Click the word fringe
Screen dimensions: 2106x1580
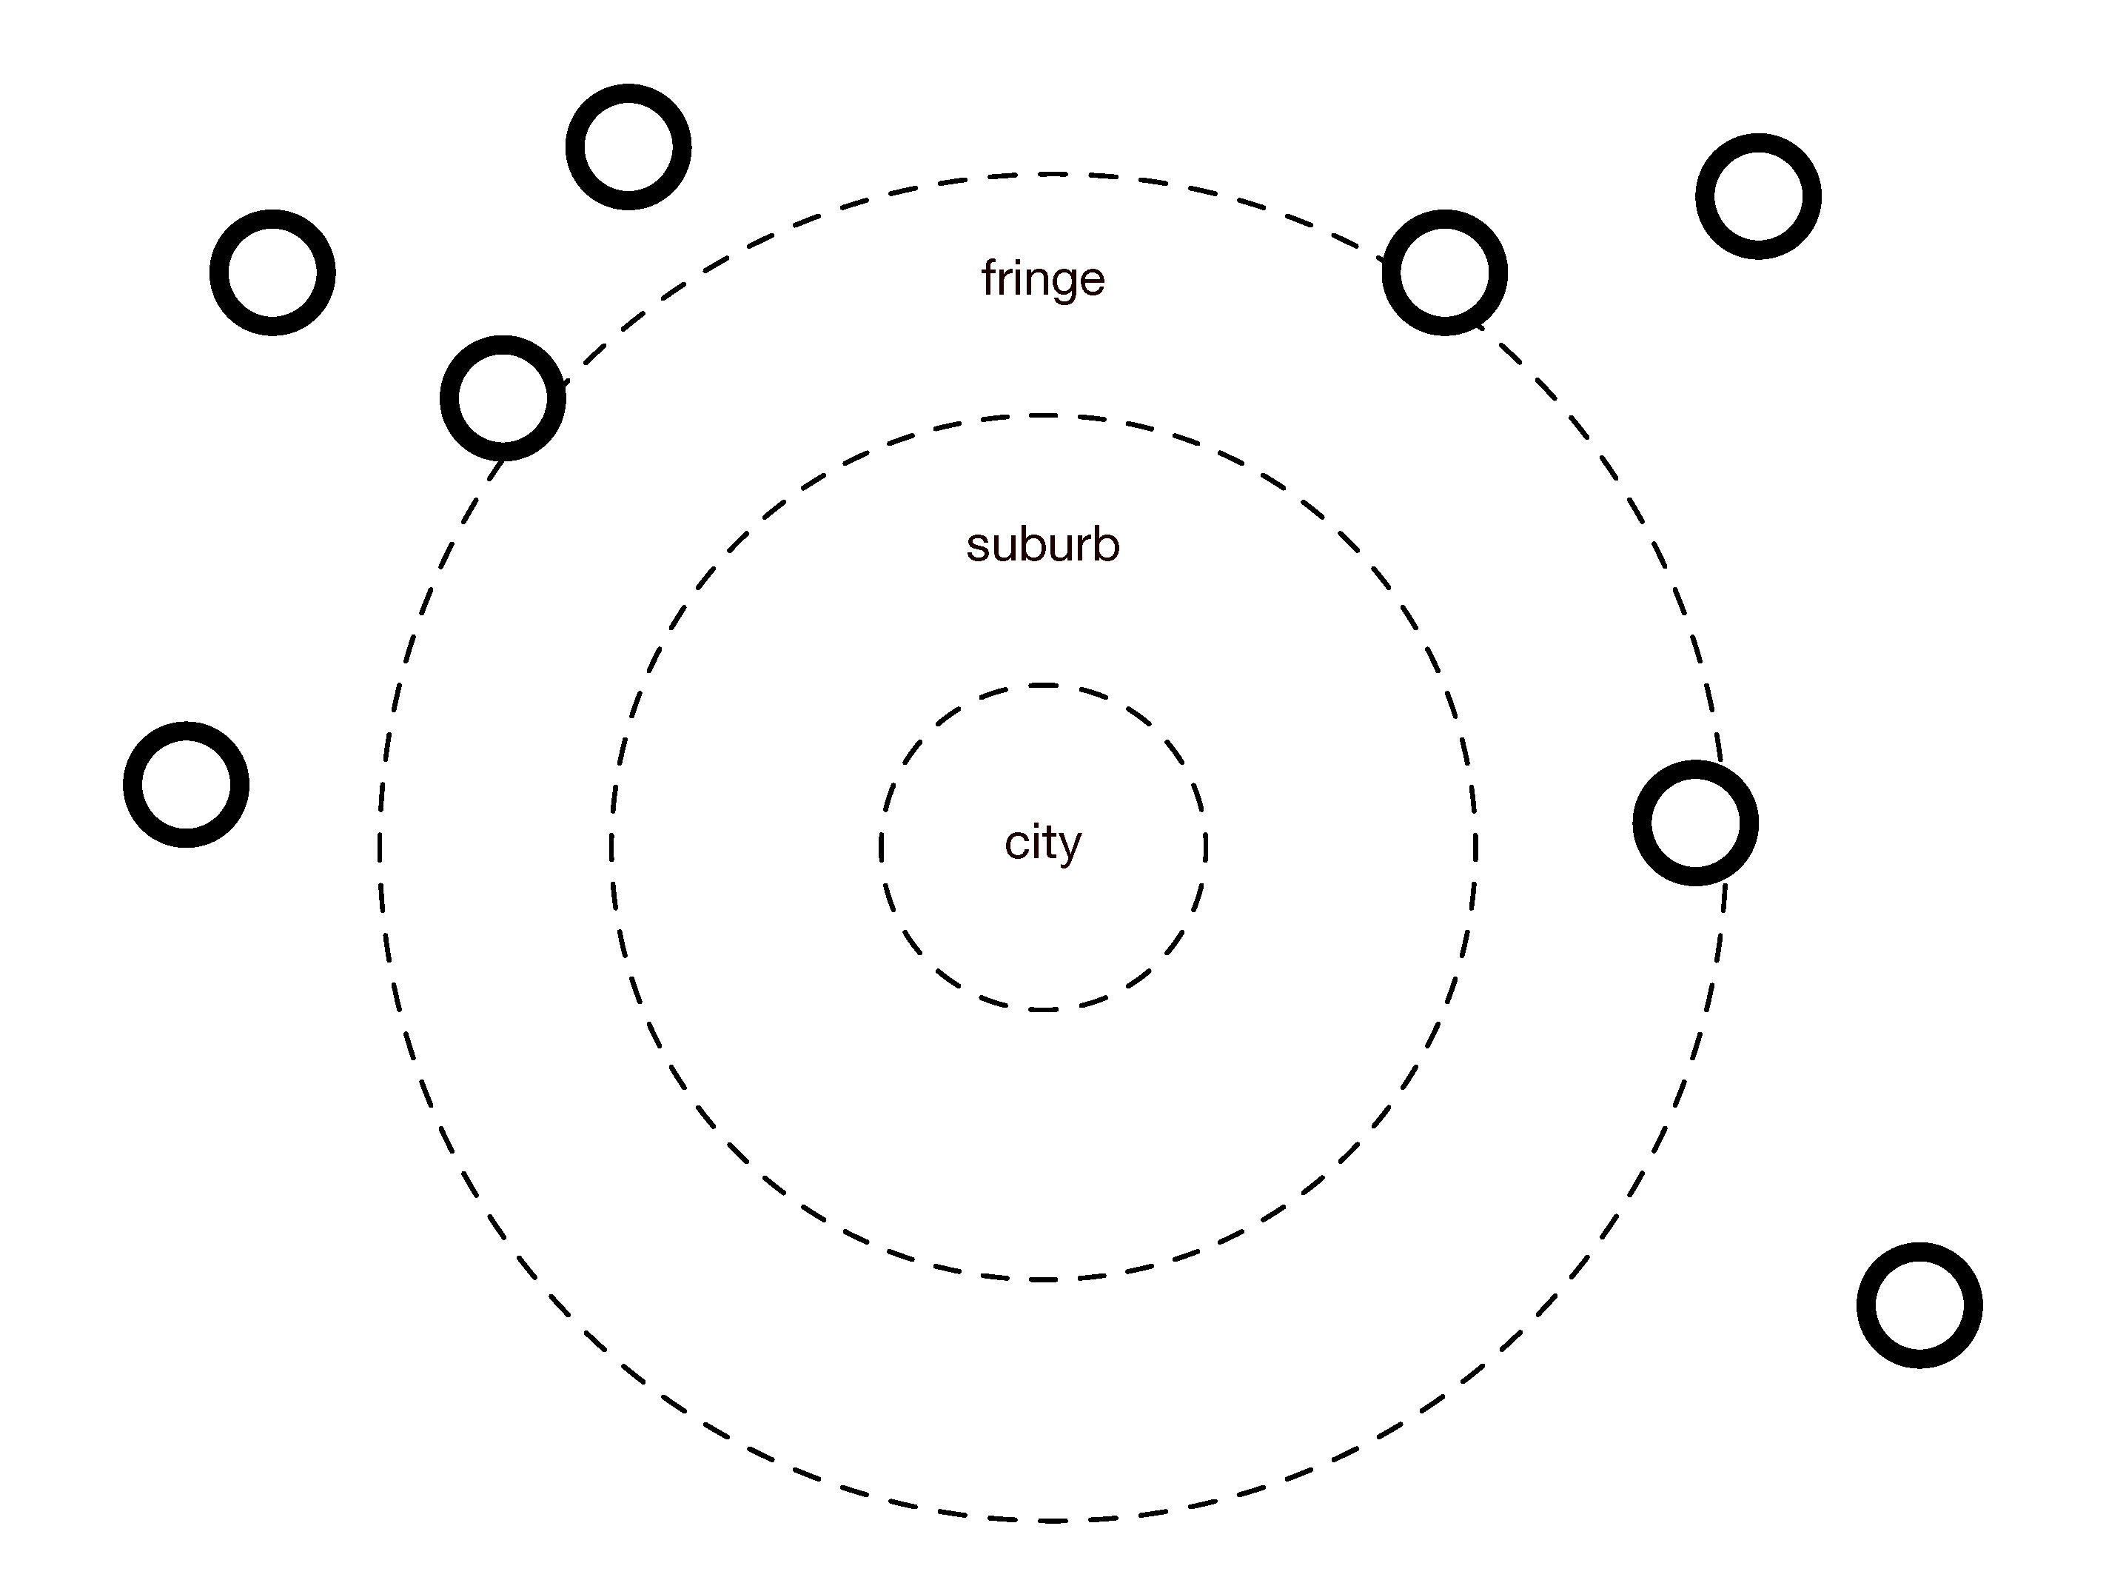1044,279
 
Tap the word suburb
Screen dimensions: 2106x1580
1044,545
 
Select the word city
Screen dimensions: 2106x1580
1044,842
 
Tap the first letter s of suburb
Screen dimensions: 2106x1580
977,546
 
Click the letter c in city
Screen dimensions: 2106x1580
1015,844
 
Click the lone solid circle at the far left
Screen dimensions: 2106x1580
187,785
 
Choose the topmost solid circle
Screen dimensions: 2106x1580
628,147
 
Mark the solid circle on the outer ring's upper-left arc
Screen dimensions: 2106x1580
503,398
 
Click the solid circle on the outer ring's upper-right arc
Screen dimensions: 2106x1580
1444,272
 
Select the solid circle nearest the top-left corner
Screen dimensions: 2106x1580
272,272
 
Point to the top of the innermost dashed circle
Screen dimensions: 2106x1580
1044,685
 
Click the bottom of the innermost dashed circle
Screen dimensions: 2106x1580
1044,1008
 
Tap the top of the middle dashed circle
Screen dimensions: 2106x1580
1044,415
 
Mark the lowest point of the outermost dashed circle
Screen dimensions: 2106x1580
1051,1520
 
